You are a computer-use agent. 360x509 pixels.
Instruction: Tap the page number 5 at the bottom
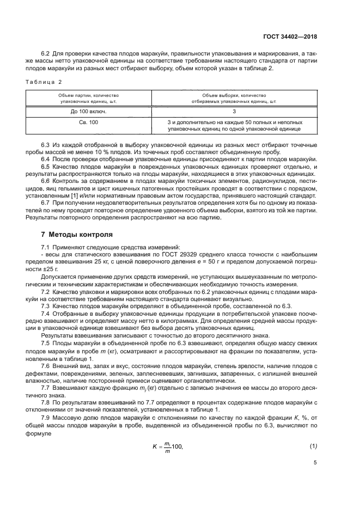pyautogui.click(x=315, y=464)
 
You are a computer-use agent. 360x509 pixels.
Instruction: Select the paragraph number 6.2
pyautogui.click(x=46, y=53)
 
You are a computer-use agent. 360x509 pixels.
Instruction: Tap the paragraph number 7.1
pyautogui.click(x=46, y=248)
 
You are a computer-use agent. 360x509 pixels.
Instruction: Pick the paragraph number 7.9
pyautogui.click(x=46, y=416)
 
